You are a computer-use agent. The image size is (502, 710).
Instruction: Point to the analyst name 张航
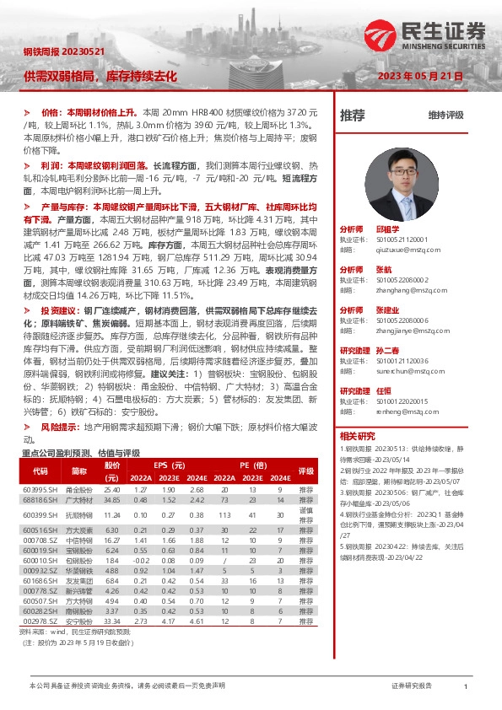384,269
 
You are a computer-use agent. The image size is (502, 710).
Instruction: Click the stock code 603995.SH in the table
39,489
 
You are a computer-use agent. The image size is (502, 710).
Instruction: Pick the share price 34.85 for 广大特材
112,500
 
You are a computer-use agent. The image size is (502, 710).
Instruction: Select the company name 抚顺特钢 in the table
79,514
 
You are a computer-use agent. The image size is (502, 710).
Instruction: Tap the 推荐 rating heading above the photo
352,114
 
